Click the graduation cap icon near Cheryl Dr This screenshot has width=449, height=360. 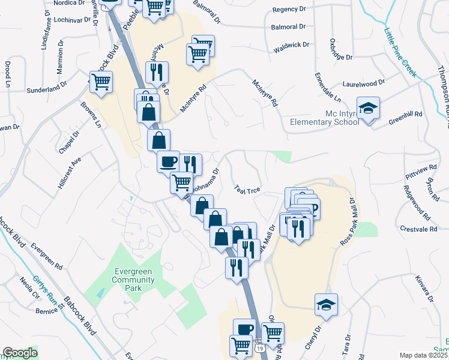[x=326, y=305]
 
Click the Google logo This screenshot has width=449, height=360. [x=20, y=353]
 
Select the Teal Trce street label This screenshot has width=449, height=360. [x=247, y=189]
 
